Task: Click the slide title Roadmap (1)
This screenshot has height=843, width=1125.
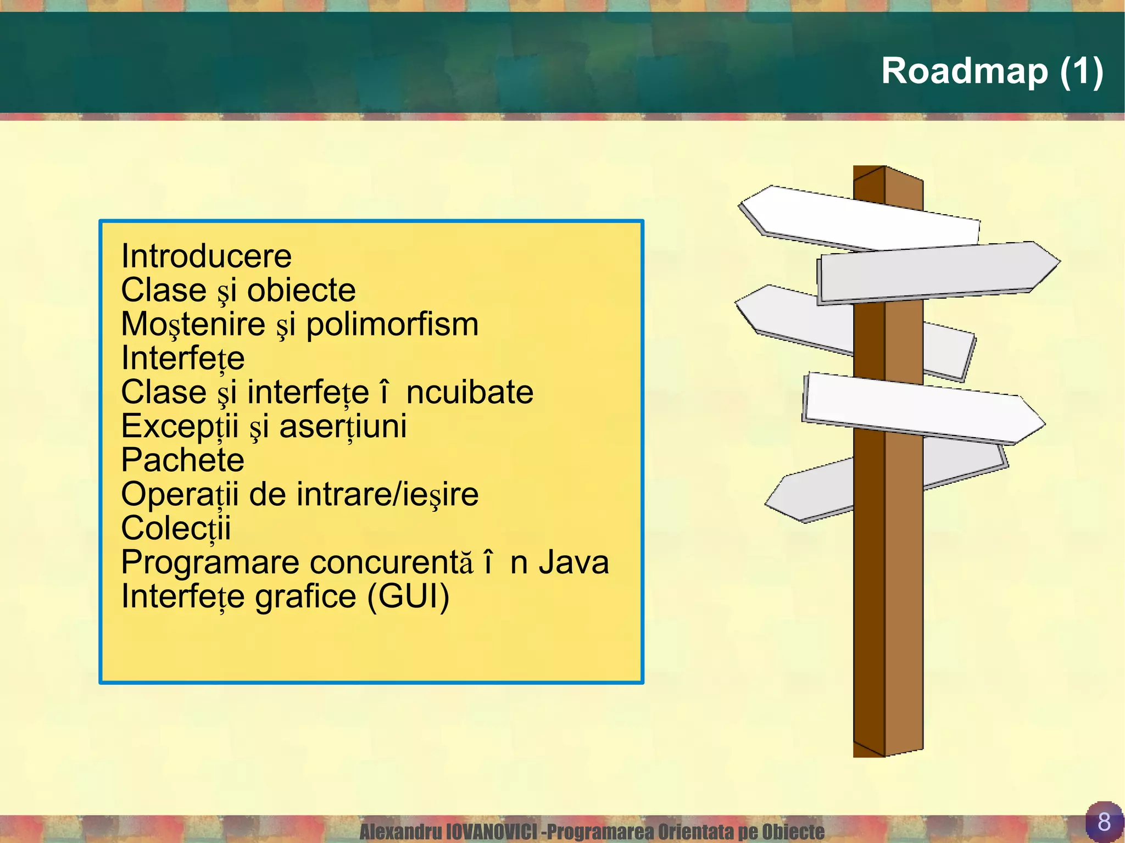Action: point(992,71)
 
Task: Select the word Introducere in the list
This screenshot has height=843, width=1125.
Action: point(206,256)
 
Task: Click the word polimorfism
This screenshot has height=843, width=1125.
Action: point(392,325)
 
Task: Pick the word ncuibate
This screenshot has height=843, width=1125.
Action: point(470,393)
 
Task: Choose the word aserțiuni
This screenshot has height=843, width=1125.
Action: point(343,427)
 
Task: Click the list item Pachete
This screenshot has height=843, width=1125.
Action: point(182,460)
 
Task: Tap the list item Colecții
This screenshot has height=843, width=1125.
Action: point(176,528)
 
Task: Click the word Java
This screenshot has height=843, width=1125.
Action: point(573,562)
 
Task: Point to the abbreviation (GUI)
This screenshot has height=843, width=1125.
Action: point(408,596)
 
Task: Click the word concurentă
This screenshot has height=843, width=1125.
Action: point(391,562)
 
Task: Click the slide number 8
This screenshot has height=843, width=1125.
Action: point(1104,822)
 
